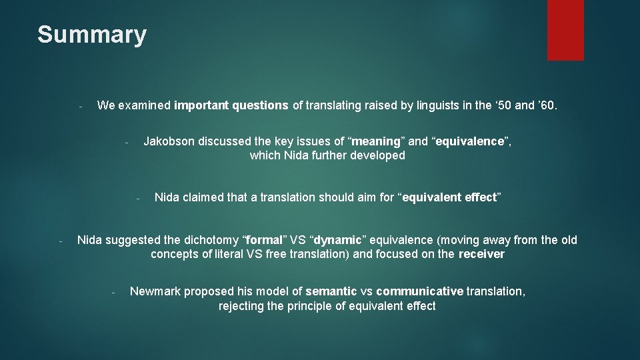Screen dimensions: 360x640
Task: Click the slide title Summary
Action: (91, 35)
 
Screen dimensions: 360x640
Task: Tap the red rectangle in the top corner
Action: (565, 30)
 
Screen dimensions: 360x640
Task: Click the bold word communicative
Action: (419, 291)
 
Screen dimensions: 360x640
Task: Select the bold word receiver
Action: (481, 254)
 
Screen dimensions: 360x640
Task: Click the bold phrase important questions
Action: (231, 105)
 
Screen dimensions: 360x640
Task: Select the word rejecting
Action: (242, 306)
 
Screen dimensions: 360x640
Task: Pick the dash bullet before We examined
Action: (79, 106)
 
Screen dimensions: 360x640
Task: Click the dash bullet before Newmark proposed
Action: (114, 292)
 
